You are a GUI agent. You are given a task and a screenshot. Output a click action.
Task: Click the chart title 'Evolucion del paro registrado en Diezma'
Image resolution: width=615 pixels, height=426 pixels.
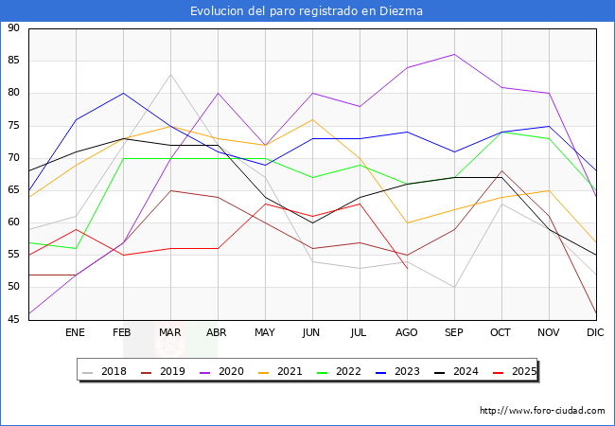pyautogui.click(x=307, y=11)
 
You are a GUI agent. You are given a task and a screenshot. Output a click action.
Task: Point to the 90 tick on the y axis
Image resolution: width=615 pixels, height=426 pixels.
pyautogui.click(x=13, y=28)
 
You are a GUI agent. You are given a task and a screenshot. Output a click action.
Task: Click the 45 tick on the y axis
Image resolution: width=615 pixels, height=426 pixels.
pyautogui.click(x=13, y=320)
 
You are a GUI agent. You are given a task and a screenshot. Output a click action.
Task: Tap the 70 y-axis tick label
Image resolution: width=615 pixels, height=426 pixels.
pyautogui.click(x=13, y=158)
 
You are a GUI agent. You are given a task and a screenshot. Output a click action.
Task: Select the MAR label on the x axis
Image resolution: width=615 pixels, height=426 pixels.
pyautogui.click(x=170, y=333)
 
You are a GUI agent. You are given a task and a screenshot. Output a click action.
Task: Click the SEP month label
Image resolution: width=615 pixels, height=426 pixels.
pyautogui.click(x=454, y=333)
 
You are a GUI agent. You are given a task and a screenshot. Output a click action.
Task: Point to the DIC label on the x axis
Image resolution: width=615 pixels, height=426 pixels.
pyautogui.click(x=595, y=333)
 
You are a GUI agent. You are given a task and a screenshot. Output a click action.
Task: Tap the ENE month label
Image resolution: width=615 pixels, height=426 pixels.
pyautogui.click(x=76, y=333)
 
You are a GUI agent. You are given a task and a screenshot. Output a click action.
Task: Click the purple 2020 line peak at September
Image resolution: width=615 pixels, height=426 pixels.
pyautogui.click(x=454, y=54)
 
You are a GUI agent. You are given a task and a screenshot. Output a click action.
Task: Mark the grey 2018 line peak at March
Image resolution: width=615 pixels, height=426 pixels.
pyautogui.click(x=170, y=74)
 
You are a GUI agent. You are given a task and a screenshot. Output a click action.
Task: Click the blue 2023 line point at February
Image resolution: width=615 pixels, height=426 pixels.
pyautogui.click(x=123, y=93)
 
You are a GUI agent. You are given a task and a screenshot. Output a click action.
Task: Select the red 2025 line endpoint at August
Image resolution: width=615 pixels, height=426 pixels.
pyautogui.click(x=407, y=268)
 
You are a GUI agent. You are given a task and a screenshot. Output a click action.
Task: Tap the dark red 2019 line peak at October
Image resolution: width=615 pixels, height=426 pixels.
pyautogui.click(x=501, y=171)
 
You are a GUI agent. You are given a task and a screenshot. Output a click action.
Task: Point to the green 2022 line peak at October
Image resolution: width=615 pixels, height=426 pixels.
pyautogui.click(x=501, y=133)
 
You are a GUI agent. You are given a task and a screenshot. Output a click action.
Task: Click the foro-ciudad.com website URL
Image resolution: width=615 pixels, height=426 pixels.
pyautogui.click(x=542, y=411)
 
